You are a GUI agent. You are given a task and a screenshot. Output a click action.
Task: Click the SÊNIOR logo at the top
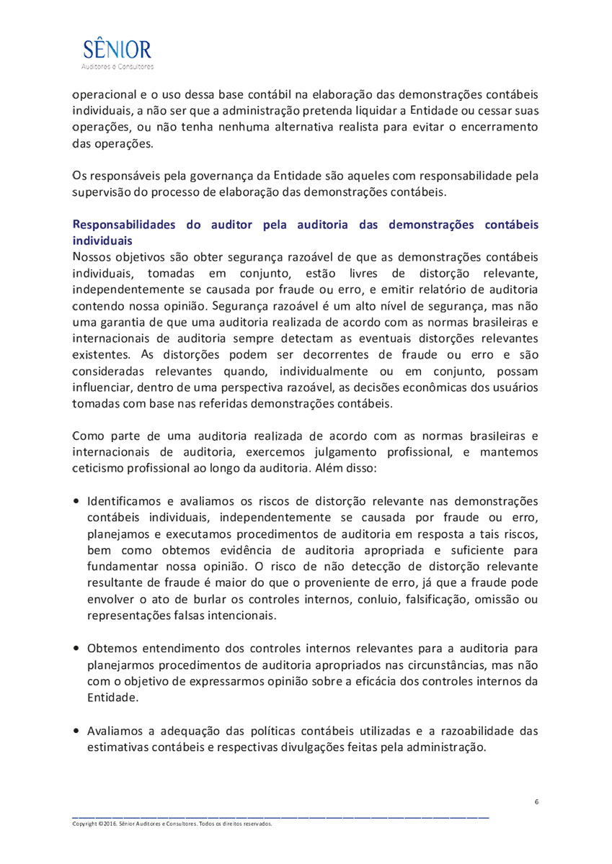(x=117, y=49)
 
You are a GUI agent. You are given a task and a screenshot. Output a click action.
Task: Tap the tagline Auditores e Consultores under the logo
(x=117, y=67)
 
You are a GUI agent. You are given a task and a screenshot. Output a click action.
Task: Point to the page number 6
(x=536, y=802)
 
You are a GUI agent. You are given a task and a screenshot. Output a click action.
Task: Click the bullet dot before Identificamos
(x=76, y=501)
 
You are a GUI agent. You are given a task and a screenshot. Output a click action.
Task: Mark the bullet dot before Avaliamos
(x=76, y=732)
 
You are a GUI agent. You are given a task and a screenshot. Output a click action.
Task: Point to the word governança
(x=216, y=175)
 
